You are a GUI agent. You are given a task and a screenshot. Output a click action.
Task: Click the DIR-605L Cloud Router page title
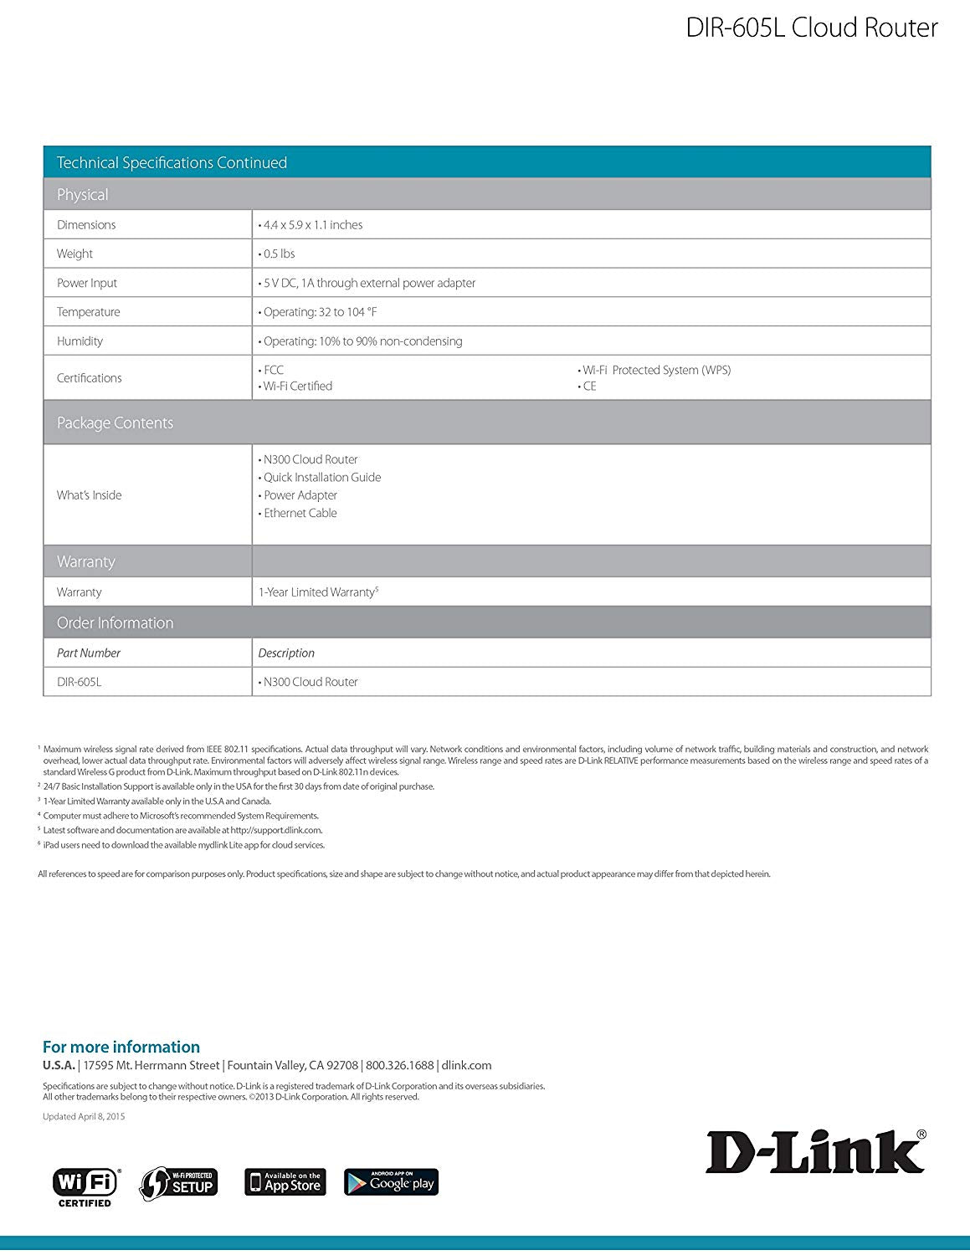tap(811, 28)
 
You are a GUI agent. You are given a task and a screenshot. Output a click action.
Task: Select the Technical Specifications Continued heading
tap(172, 162)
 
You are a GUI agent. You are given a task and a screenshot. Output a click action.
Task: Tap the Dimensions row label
tap(86, 224)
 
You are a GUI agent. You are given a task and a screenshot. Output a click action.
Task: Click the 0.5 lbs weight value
tap(279, 254)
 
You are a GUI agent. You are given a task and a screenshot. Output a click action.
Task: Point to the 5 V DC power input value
tap(369, 283)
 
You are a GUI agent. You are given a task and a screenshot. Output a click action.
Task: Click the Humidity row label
tap(80, 341)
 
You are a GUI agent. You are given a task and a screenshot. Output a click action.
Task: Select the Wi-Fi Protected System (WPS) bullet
tap(656, 370)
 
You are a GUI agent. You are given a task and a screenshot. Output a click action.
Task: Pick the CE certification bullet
tap(589, 386)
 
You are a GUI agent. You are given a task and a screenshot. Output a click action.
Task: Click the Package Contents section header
tap(115, 423)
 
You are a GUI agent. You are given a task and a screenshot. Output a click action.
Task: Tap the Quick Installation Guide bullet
tap(321, 477)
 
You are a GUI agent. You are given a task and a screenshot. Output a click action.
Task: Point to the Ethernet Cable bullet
tap(300, 513)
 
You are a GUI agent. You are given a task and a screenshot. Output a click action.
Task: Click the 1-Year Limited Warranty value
tap(317, 592)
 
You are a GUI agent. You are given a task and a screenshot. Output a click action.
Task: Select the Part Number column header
tap(89, 653)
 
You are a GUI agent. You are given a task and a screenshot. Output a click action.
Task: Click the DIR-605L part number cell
tap(79, 682)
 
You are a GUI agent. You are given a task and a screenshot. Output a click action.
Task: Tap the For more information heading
tap(121, 1047)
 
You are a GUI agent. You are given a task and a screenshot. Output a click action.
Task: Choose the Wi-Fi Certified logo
tap(86, 1186)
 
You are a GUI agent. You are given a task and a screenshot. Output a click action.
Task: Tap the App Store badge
tap(285, 1181)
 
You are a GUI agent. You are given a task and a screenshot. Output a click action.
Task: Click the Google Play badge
tap(391, 1181)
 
